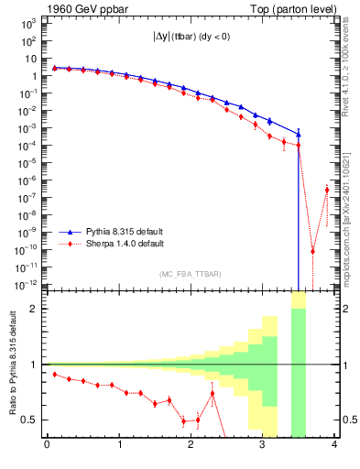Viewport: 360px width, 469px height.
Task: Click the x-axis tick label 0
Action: coord(47,446)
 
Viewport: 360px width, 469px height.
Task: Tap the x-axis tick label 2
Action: coord(191,446)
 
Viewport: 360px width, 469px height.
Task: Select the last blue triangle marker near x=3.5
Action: coord(299,135)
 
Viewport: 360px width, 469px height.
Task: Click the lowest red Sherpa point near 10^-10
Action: coord(312,251)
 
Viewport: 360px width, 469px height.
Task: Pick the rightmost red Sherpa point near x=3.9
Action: coord(327,190)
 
